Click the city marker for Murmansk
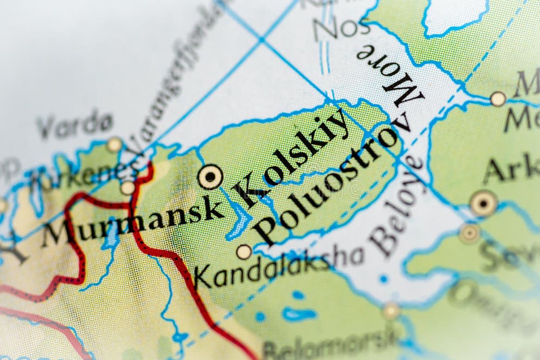210,177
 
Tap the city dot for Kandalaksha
244,252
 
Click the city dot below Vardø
114,145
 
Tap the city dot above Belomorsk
391,311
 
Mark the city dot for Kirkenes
128,188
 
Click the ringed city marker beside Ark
483,203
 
